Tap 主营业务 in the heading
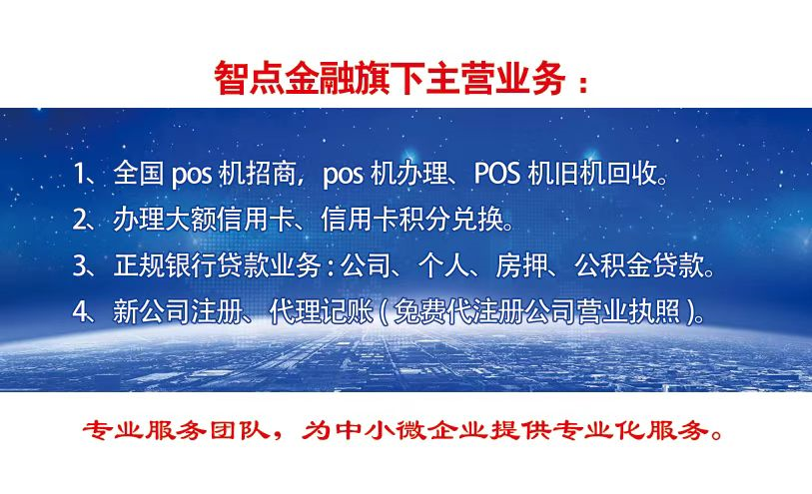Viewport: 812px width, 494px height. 495,78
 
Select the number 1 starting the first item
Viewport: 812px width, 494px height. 78,174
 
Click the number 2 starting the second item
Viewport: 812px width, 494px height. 80,220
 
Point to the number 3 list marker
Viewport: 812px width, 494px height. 80,265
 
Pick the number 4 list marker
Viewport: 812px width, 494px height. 81,312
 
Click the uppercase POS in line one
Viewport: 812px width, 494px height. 496,174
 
